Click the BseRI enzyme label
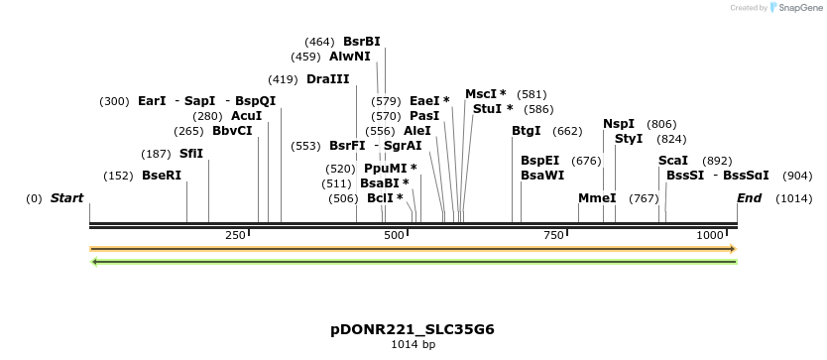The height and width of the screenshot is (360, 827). (x=162, y=176)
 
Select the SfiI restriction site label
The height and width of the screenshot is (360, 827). (x=191, y=154)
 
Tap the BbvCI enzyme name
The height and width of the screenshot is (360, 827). (x=232, y=131)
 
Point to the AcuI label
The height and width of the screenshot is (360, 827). (x=247, y=116)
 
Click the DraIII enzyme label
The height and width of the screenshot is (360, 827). (x=327, y=79)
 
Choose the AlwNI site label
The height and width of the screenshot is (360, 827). (x=350, y=57)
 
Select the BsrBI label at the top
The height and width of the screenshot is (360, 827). (x=362, y=42)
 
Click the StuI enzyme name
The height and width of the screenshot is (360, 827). (x=493, y=109)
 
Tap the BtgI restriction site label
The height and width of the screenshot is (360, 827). (x=527, y=131)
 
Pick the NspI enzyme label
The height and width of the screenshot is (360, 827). (x=619, y=124)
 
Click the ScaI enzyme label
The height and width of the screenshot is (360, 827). (x=673, y=161)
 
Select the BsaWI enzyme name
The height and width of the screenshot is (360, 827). (x=542, y=176)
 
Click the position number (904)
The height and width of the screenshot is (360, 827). (x=797, y=176)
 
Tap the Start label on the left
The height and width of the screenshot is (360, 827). (x=66, y=198)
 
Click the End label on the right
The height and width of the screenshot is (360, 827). (x=749, y=198)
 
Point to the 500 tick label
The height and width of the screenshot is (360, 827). (x=395, y=235)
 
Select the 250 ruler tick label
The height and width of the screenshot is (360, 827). (x=235, y=235)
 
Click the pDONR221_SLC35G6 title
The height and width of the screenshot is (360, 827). (x=413, y=329)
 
